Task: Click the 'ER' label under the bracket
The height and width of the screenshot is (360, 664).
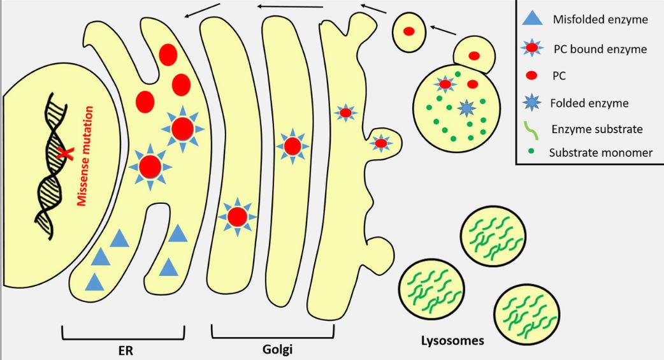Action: point(122,349)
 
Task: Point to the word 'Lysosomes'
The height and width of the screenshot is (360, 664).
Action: point(452,340)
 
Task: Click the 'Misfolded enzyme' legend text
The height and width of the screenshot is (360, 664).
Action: point(600,20)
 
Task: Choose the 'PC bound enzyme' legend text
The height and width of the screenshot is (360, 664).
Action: point(600,48)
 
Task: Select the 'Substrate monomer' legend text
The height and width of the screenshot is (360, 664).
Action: point(600,153)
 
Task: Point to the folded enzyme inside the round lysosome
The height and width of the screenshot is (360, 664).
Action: point(467,109)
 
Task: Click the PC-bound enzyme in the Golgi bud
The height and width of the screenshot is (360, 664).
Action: point(381,143)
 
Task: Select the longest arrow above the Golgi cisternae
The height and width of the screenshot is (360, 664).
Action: point(290,6)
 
